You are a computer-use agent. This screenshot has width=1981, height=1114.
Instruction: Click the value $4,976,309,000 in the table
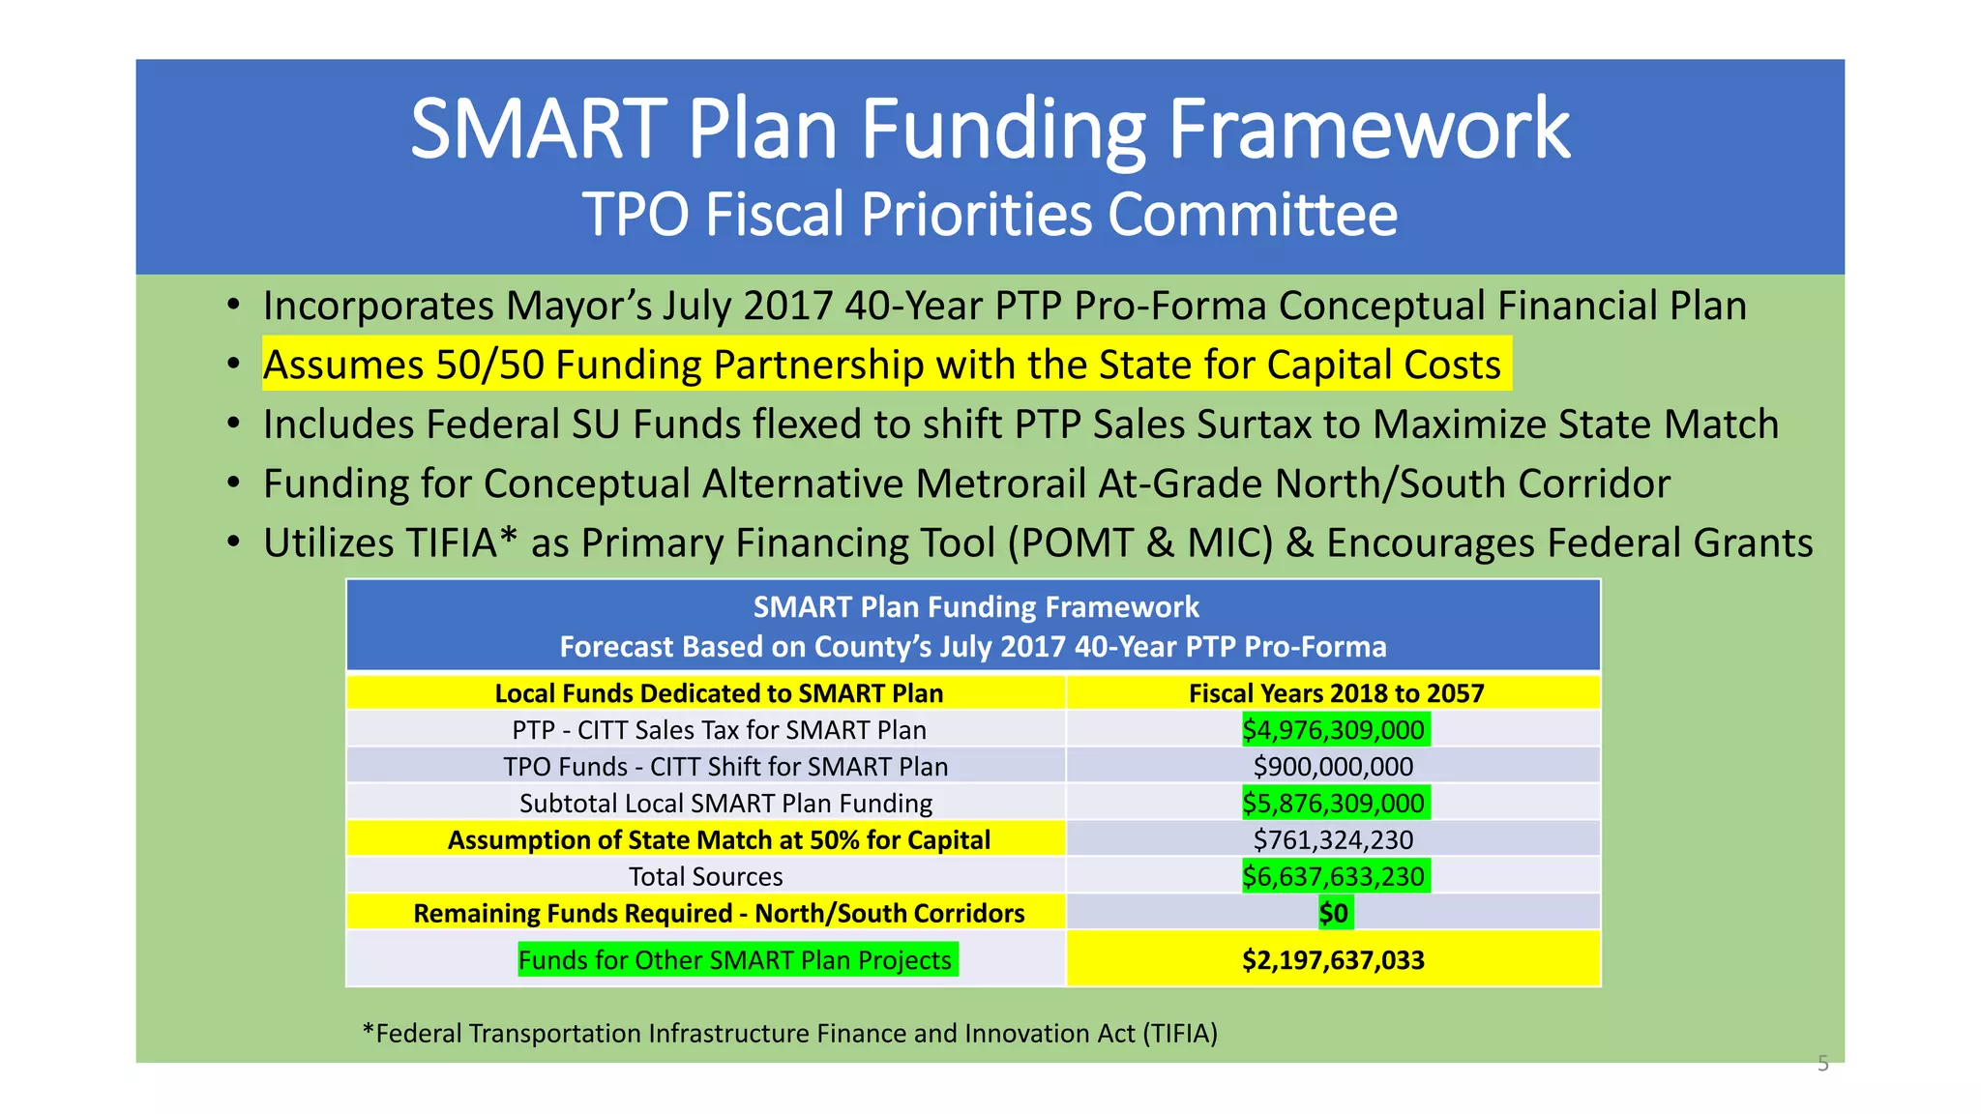point(1333,730)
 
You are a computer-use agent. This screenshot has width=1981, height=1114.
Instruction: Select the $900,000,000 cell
point(1333,767)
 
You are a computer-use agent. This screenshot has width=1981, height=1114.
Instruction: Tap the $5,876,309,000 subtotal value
point(1333,804)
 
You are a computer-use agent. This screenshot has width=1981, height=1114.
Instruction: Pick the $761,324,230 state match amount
point(1333,840)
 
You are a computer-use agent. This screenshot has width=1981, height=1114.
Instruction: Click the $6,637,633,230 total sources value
point(1333,877)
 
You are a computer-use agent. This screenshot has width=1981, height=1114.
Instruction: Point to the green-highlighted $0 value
point(1334,914)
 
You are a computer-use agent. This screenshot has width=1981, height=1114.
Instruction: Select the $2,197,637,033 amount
point(1333,960)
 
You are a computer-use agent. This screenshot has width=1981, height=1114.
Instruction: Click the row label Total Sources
point(705,877)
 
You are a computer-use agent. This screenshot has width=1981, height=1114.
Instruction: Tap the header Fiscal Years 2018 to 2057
point(1336,693)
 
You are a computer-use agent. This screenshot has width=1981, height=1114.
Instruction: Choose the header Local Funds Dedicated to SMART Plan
point(718,693)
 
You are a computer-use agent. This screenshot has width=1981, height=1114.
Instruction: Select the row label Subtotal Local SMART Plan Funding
point(725,804)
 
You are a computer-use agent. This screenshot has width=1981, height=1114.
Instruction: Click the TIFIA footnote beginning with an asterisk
point(789,1034)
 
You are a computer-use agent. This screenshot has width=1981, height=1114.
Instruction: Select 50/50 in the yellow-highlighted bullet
point(488,366)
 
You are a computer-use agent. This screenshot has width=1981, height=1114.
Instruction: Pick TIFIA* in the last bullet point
point(460,543)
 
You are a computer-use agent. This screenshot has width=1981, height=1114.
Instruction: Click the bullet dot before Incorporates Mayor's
point(233,306)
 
